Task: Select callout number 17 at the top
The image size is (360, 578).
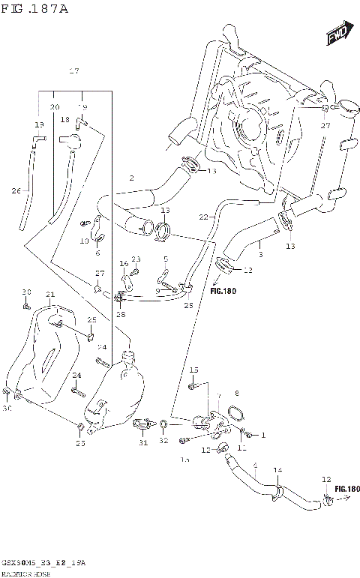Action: [73, 71]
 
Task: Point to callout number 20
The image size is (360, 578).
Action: [54, 107]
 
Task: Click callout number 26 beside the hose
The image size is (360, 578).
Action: [16, 190]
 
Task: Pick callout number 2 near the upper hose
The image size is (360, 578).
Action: [131, 178]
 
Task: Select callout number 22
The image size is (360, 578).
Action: [203, 217]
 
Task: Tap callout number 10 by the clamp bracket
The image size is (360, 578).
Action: [84, 241]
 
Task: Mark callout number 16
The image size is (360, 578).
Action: [124, 264]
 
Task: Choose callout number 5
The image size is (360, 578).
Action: [166, 259]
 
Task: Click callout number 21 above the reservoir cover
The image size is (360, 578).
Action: [50, 294]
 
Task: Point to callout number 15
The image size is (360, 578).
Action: [193, 370]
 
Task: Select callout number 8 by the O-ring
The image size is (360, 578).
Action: [236, 393]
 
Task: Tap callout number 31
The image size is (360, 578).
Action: [143, 442]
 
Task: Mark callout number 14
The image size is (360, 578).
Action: [277, 470]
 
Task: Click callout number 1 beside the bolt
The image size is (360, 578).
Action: [263, 435]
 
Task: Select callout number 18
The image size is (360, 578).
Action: [65, 120]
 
